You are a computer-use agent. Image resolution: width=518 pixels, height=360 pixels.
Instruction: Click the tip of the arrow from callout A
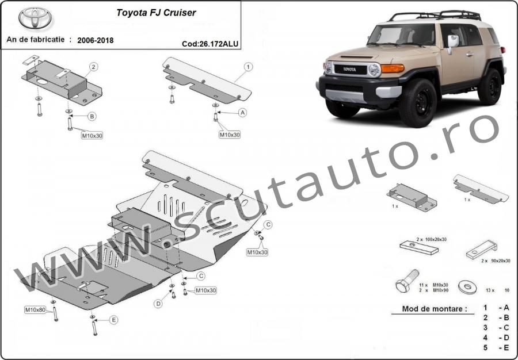click(217, 113)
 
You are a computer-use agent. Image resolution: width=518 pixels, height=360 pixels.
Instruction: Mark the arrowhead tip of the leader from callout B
click(70, 116)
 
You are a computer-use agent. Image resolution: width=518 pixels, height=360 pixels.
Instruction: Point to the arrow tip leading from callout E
click(93, 320)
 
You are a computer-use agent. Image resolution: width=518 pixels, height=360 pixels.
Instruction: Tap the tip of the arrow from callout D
click(172, 290)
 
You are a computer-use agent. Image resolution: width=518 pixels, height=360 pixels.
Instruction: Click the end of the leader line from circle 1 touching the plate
click(234, 82)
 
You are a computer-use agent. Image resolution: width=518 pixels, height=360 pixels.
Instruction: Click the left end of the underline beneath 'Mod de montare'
click(392, 314)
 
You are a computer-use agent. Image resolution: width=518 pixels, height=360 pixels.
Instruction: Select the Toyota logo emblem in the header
click(35, 18)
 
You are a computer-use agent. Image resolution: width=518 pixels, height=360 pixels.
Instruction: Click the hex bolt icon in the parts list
click(407, 281)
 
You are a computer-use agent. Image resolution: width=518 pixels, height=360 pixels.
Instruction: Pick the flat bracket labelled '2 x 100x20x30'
click(419, 247)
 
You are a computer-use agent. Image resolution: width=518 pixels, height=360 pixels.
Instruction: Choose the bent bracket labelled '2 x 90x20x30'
click(482, 250)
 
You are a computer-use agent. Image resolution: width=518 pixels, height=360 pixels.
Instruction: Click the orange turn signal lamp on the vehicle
click(393, 68)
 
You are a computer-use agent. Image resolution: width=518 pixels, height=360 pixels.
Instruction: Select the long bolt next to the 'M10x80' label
click(55, 313)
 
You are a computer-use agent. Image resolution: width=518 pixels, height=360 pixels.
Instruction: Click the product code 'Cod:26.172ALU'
click(210, 44)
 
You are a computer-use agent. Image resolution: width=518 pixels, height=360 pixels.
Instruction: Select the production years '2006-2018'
click(96, 40)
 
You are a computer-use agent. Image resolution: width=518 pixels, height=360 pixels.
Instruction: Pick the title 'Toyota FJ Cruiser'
click(156, 13)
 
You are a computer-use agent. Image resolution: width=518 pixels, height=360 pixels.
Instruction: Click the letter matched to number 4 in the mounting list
click(506, 338)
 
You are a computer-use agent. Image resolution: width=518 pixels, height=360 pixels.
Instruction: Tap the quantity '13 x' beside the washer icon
click(490, 290)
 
